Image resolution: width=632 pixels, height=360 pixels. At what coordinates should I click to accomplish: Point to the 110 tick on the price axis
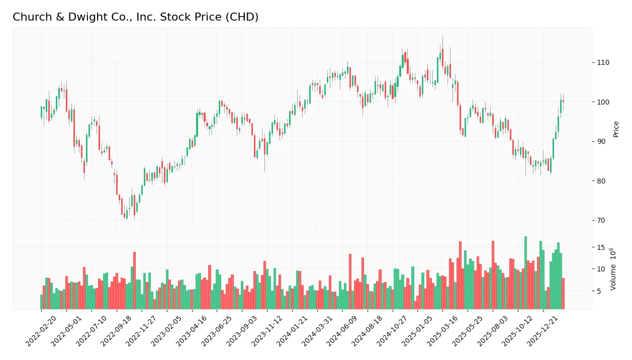coord(603,62)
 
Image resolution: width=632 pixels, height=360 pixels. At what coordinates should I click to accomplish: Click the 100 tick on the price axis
coord(603,102)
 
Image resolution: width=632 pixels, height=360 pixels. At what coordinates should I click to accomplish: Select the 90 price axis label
coord(601,141)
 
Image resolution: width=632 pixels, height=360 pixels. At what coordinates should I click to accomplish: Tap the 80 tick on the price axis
coord(601,181)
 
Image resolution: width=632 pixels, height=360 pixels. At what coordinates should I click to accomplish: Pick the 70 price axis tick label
coord(601,220)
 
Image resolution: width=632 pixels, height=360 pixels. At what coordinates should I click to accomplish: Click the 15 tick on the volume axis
coord(601,247)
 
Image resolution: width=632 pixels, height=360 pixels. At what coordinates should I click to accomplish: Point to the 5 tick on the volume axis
coord(599,291)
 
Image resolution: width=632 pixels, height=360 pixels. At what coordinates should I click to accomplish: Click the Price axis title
coord(616,129)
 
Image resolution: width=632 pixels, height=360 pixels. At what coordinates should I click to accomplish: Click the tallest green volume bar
coord(525,273)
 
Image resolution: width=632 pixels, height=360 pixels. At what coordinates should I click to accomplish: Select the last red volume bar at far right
coord(563,294)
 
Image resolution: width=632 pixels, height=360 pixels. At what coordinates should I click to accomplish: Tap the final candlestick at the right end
coord(563,101)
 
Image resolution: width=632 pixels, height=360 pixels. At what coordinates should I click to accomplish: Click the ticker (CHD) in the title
coord(242,17)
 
